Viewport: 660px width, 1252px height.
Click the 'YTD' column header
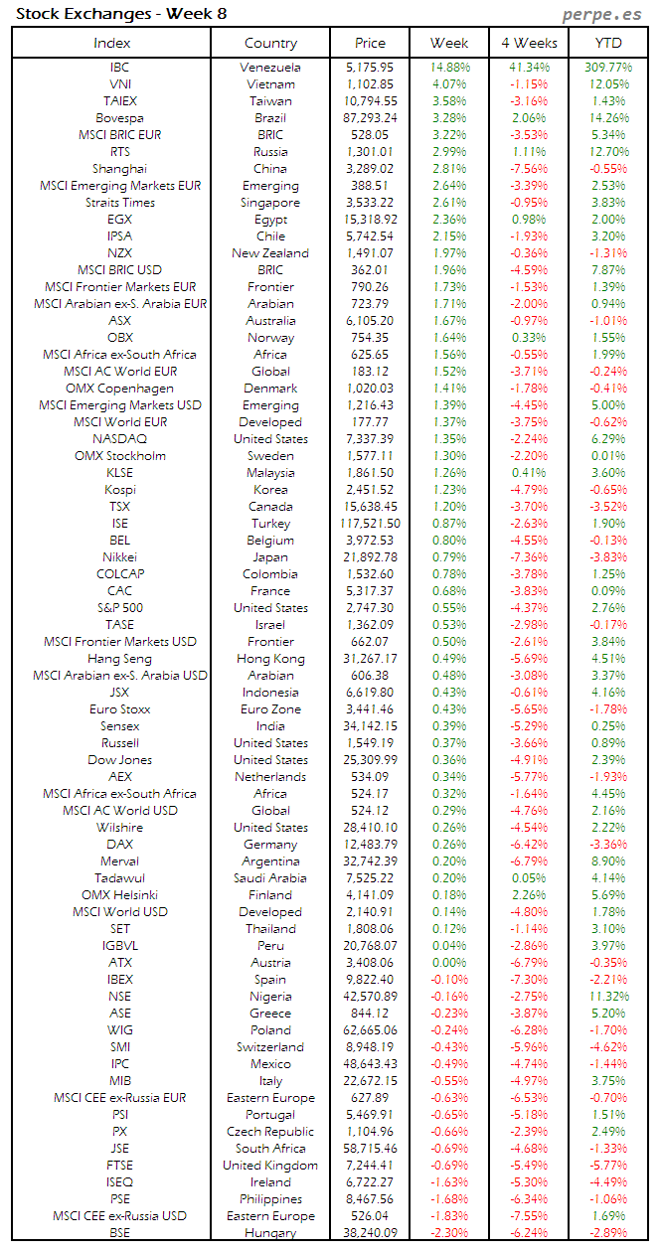[608, 43]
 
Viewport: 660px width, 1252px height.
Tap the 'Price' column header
[370, 43]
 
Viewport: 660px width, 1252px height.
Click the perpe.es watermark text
[602, 14]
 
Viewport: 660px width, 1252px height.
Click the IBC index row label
[119, 68]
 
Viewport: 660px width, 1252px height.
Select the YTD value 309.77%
[608, 68]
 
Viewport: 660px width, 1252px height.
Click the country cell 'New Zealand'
[270, 253]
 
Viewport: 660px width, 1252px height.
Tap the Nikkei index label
[119, 557]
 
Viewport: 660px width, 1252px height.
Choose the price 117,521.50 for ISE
[369, 524]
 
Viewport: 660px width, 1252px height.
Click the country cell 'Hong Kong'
[270, 659]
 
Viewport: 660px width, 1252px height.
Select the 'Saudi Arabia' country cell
[270, 878]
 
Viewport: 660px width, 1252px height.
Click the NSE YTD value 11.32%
[608, 997]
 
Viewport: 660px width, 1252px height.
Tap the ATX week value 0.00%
[449, 963]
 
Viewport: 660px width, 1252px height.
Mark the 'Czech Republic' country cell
[270, 1132]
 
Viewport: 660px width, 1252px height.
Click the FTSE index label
[119, 1166]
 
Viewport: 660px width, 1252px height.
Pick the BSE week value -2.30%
[449, 1233]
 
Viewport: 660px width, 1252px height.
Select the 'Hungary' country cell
[270, 1233]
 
